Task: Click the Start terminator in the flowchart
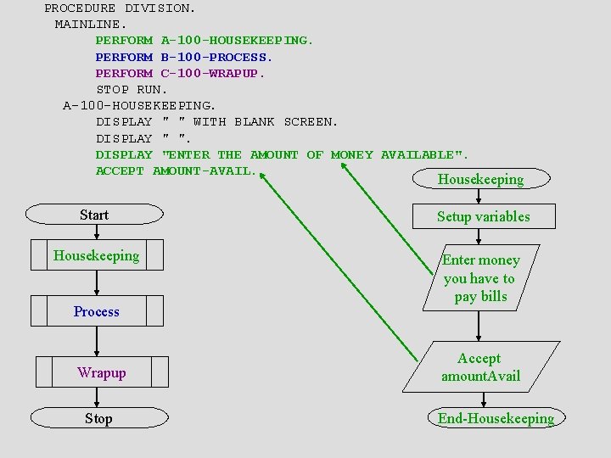click(94, 215)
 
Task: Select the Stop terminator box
click(98, 418)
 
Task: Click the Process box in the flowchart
click(97, 311)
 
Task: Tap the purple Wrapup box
click(102, 372)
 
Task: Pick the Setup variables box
click(483, 216)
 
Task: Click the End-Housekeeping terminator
click(496, 418)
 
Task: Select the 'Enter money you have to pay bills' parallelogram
click(481, 278)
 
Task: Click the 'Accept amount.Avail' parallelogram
click(480, 367)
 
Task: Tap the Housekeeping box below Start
click(97, 255)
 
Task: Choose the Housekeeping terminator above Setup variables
click(480, 179)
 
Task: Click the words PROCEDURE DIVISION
click(120, 8)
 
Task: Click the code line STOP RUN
click(132, 89)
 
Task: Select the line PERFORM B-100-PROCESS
click(184, 57)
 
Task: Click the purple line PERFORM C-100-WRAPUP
click(180, 73)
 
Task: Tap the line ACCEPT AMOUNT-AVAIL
click(176, 170)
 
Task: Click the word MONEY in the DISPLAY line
click(351, 154)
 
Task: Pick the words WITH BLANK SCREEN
click(266, 122)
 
